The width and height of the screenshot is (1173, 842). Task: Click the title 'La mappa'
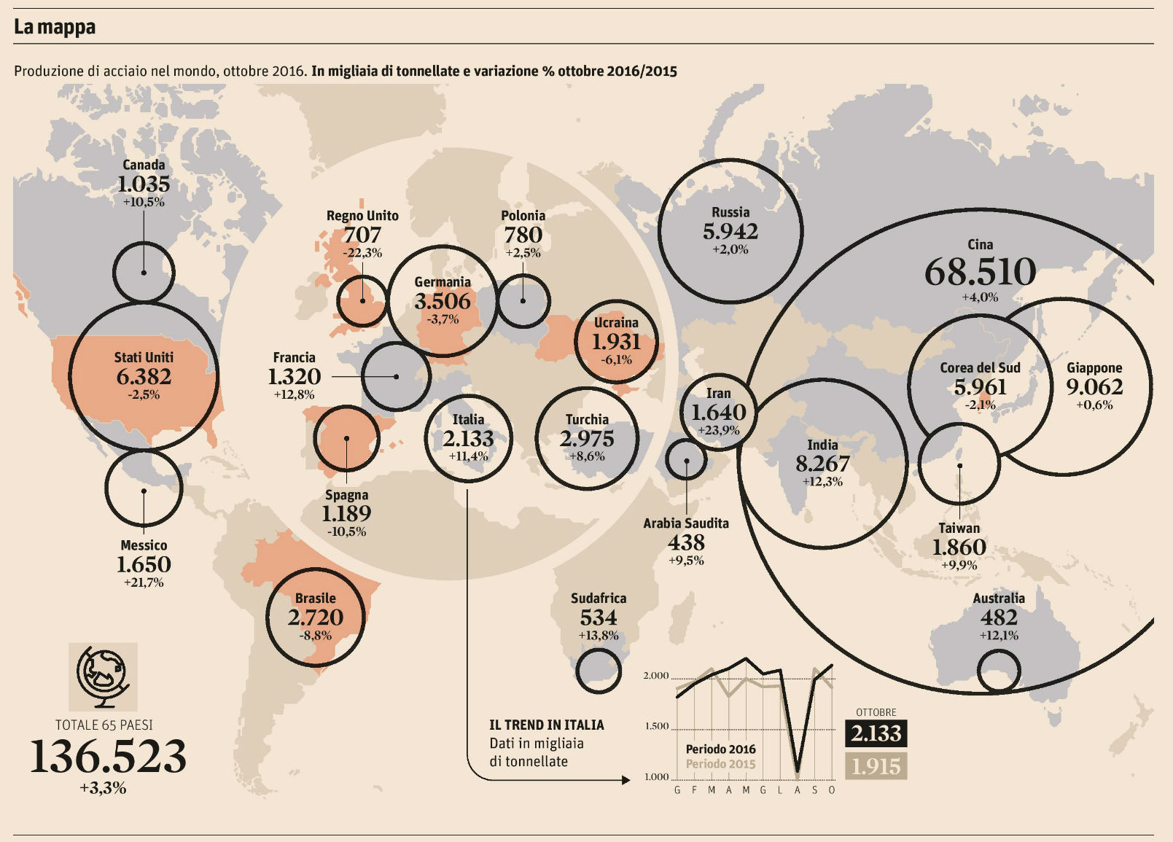[55, 27]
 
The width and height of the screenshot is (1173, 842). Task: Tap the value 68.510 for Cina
[980, 272]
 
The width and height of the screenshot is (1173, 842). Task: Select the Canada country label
[144, 165]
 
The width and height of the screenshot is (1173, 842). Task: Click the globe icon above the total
[103, 677]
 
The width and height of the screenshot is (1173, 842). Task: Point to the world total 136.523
[108, 756]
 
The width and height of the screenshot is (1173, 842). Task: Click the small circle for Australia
[998, 671]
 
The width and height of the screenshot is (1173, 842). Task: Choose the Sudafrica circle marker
[599, 671]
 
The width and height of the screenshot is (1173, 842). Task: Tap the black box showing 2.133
[876, 733]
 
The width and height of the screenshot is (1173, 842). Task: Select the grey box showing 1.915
[876, 766]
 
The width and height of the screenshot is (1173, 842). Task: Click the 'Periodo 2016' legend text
[720, 749]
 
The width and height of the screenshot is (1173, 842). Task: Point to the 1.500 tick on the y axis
[656, 726]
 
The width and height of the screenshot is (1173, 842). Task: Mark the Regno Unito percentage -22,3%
[362, 253]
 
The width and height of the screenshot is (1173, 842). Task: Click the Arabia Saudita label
[686, 523]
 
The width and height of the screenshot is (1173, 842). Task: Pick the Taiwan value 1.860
[959, 547]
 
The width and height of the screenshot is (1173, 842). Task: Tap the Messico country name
[144, 545]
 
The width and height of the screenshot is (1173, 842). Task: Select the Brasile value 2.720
[315, 617]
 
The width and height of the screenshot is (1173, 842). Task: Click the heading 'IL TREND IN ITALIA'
[547, 725]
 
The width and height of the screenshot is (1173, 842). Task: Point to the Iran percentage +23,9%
[719, 430]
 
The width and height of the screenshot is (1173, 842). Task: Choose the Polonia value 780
[523, 235]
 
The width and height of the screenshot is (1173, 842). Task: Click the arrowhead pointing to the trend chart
[626, 780]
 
